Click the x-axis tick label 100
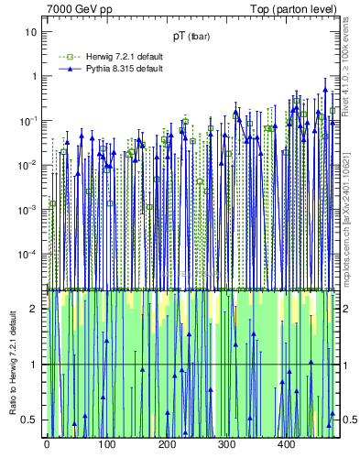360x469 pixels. coord(106,445)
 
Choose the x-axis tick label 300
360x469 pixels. coord(226,445)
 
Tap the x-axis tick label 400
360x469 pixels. coord(286,445)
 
